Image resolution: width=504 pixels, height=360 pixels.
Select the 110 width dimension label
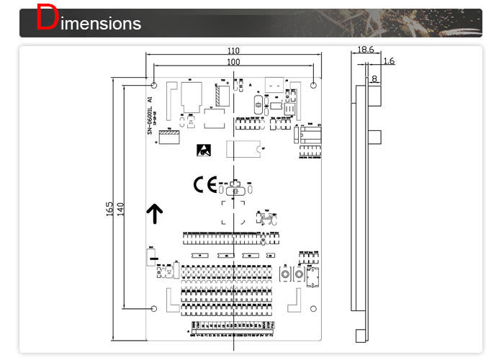233,51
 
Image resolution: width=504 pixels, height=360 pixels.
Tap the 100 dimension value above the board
233,63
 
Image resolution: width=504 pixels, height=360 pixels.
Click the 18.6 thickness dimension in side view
365,50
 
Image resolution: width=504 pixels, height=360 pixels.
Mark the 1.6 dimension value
389,61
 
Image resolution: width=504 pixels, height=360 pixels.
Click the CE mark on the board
204,185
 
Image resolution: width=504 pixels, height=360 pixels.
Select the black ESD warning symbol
204,150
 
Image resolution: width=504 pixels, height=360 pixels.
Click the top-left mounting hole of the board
153,86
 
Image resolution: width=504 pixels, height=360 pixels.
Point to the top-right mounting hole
313,86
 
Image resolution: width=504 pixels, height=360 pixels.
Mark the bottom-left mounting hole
153,310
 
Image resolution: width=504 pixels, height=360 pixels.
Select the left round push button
285,276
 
